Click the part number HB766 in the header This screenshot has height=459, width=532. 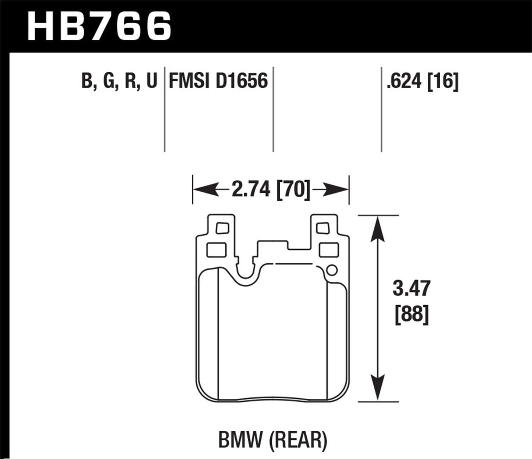(x=99, y=26)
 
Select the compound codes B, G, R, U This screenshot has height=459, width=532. (x=119, y=81)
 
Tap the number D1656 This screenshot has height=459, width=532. (x=242, y=81)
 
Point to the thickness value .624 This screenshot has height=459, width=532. (x=404, y=81)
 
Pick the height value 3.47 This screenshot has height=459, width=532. (x=411, y=288)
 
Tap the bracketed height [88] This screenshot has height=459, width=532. (x=412, y=315)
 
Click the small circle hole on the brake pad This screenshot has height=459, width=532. (x=331, y=270)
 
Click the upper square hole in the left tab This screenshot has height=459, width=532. (x=222, y=228)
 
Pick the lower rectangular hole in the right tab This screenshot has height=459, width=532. (x=329, y=250)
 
